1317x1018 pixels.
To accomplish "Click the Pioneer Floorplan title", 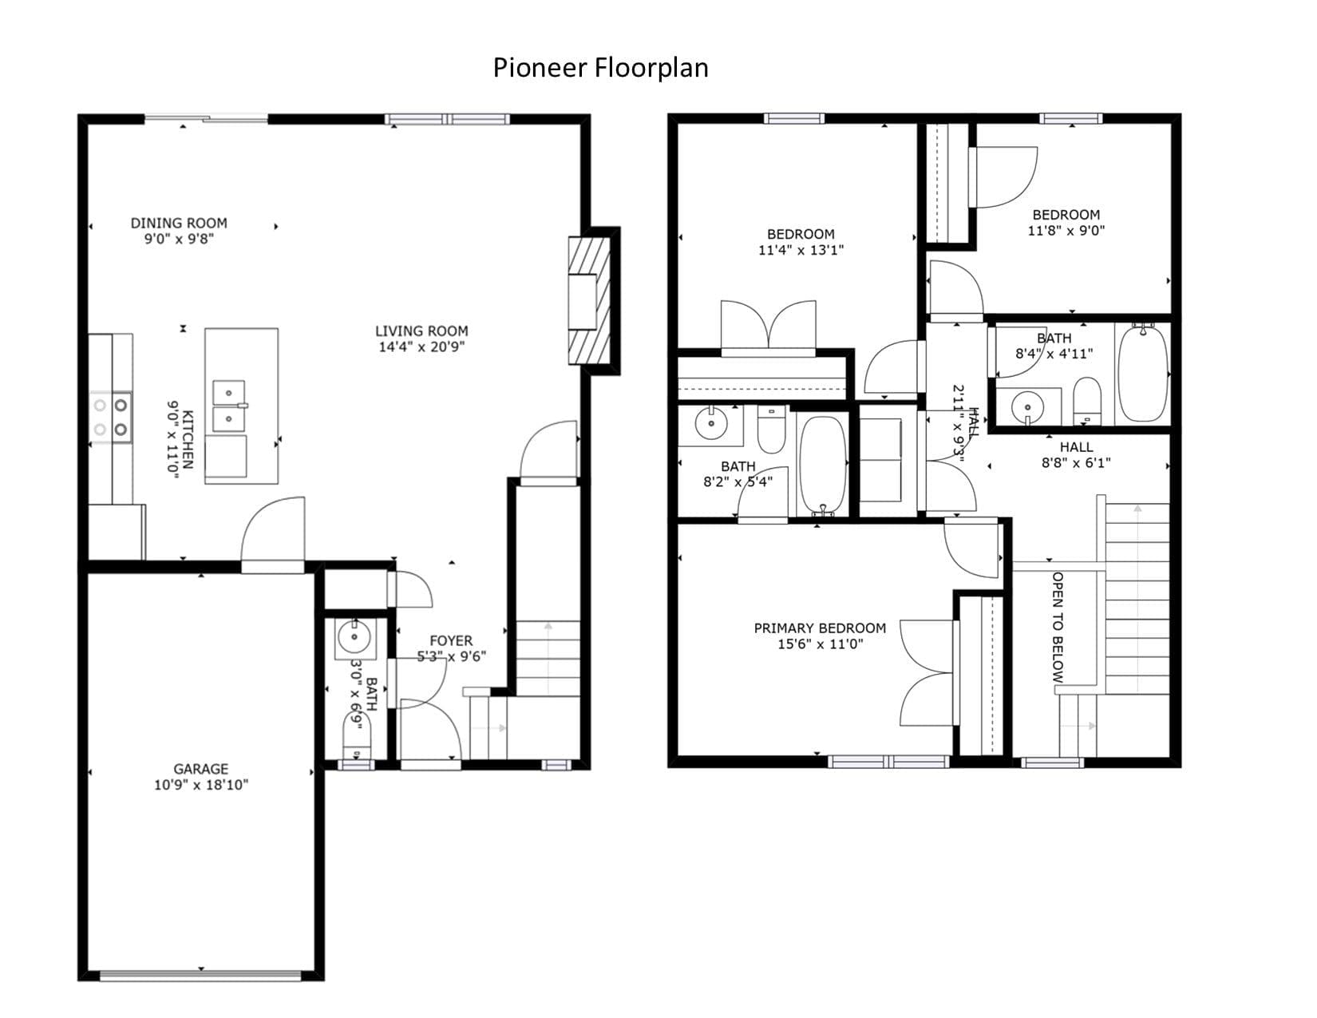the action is [600, 68].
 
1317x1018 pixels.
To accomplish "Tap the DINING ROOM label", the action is [179, 223].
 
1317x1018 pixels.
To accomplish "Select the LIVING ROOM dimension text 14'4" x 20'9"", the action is [421, 347].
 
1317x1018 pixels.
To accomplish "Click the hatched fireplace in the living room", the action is [589, 300].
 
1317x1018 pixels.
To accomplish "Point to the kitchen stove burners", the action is [111, 417].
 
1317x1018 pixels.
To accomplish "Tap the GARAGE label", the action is [200, 769].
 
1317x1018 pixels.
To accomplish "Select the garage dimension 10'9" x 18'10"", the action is [200, 785].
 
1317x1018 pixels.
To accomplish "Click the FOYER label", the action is [450, 641].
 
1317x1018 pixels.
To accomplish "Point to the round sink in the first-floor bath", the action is [354, 637].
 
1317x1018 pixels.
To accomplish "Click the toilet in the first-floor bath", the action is [356, 736].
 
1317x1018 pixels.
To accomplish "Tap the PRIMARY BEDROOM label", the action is [820, 628].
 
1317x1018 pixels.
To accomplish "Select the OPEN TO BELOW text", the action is [1057, 628].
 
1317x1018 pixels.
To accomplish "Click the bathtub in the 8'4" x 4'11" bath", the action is [1142, 372].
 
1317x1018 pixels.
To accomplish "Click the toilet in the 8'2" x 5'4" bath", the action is [772, 430].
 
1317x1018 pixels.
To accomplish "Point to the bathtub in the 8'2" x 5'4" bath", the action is [822, 465].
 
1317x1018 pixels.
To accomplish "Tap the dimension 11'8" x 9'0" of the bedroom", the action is [1066, 231].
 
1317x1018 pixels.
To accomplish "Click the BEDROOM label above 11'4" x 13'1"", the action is [801, 234].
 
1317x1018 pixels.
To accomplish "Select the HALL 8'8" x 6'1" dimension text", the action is [1076, 463].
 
